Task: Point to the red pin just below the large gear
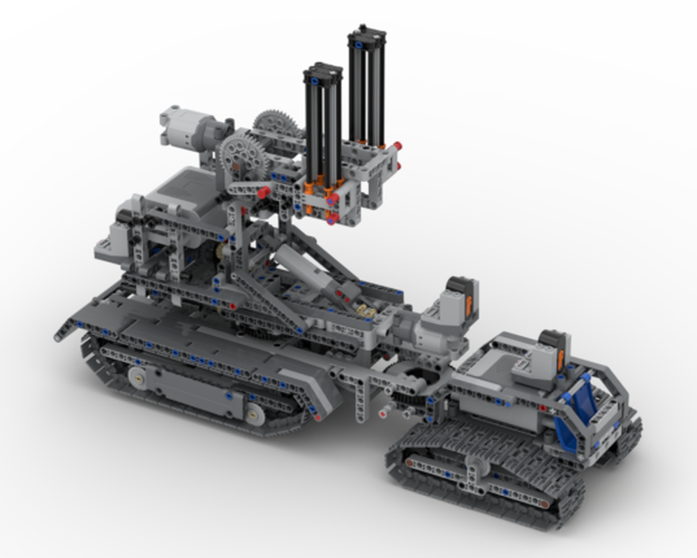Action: click(264, 191)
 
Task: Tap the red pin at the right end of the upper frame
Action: click(397, 146)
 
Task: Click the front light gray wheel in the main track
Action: click(140, 377)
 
